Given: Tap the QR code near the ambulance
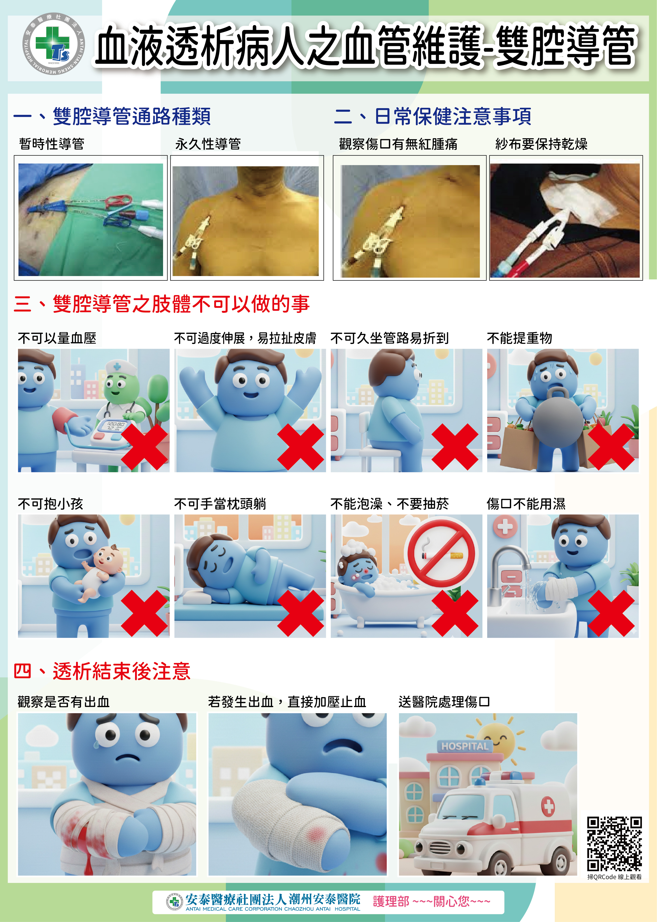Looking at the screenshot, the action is [x=614, y=844].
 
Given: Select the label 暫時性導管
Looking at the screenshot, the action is [x=52, y=144].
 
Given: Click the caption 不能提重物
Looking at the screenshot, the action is [x=519, y=338].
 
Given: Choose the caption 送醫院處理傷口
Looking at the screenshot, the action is [x=444, y=702].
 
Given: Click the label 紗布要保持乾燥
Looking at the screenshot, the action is [x=541, y=144].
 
